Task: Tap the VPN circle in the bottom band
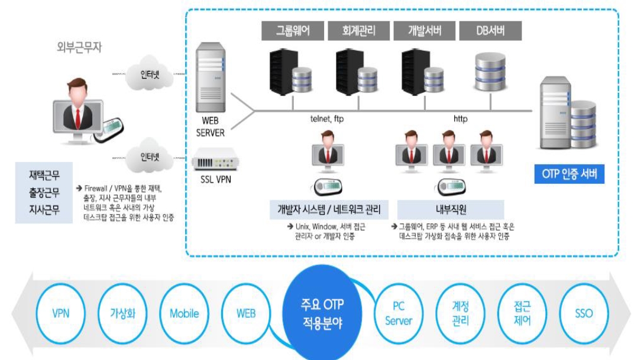click(x=60, y=313)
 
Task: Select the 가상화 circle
click(x=123, y=313)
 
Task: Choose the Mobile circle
click(x=185, y=313)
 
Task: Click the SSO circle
click(x=583, y=313)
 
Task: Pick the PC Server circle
click(x=399, y=313)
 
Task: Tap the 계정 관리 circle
click(x=460, y=313)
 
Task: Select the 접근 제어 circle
click(x=522, y=313)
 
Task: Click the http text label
click(x=460, y=119)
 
